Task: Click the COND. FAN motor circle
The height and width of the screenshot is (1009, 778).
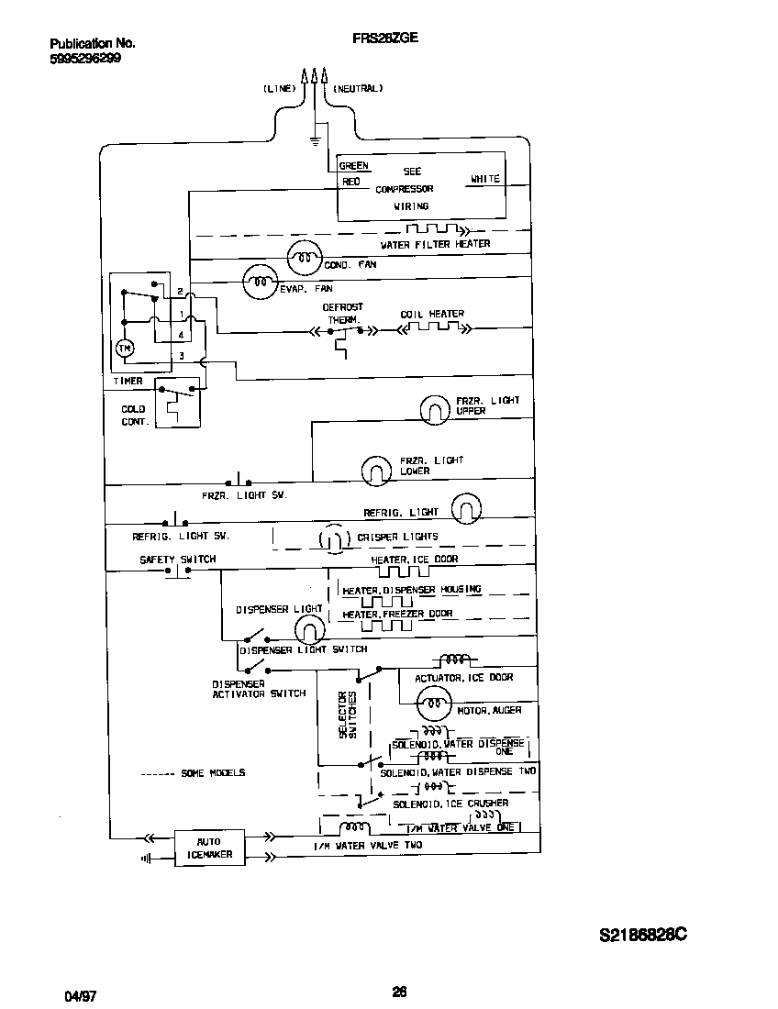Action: pos(305,260)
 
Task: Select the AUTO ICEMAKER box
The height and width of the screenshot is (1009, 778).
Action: pos(210,848)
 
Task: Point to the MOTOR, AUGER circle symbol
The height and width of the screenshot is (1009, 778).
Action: pos(430,705)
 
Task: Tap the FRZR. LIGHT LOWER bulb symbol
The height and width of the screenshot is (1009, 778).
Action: pos(374,470)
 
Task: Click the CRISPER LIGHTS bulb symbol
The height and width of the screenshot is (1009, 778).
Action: pos(332,538)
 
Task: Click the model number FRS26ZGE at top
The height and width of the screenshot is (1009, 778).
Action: pos(385,39)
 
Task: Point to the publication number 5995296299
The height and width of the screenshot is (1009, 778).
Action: pos(84,57)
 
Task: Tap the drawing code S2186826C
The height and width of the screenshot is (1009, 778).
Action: pos(643,936)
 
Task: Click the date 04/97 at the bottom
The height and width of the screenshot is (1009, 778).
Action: pos(80,994)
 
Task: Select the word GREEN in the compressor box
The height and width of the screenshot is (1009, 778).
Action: pos(354,166)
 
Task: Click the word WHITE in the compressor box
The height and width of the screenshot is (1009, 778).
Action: pos(484,179)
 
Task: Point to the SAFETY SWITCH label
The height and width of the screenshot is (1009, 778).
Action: pos(178,559)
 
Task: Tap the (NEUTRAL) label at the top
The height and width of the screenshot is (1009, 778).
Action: pos(358,89)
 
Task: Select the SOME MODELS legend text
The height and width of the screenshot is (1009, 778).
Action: pos(213,773)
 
